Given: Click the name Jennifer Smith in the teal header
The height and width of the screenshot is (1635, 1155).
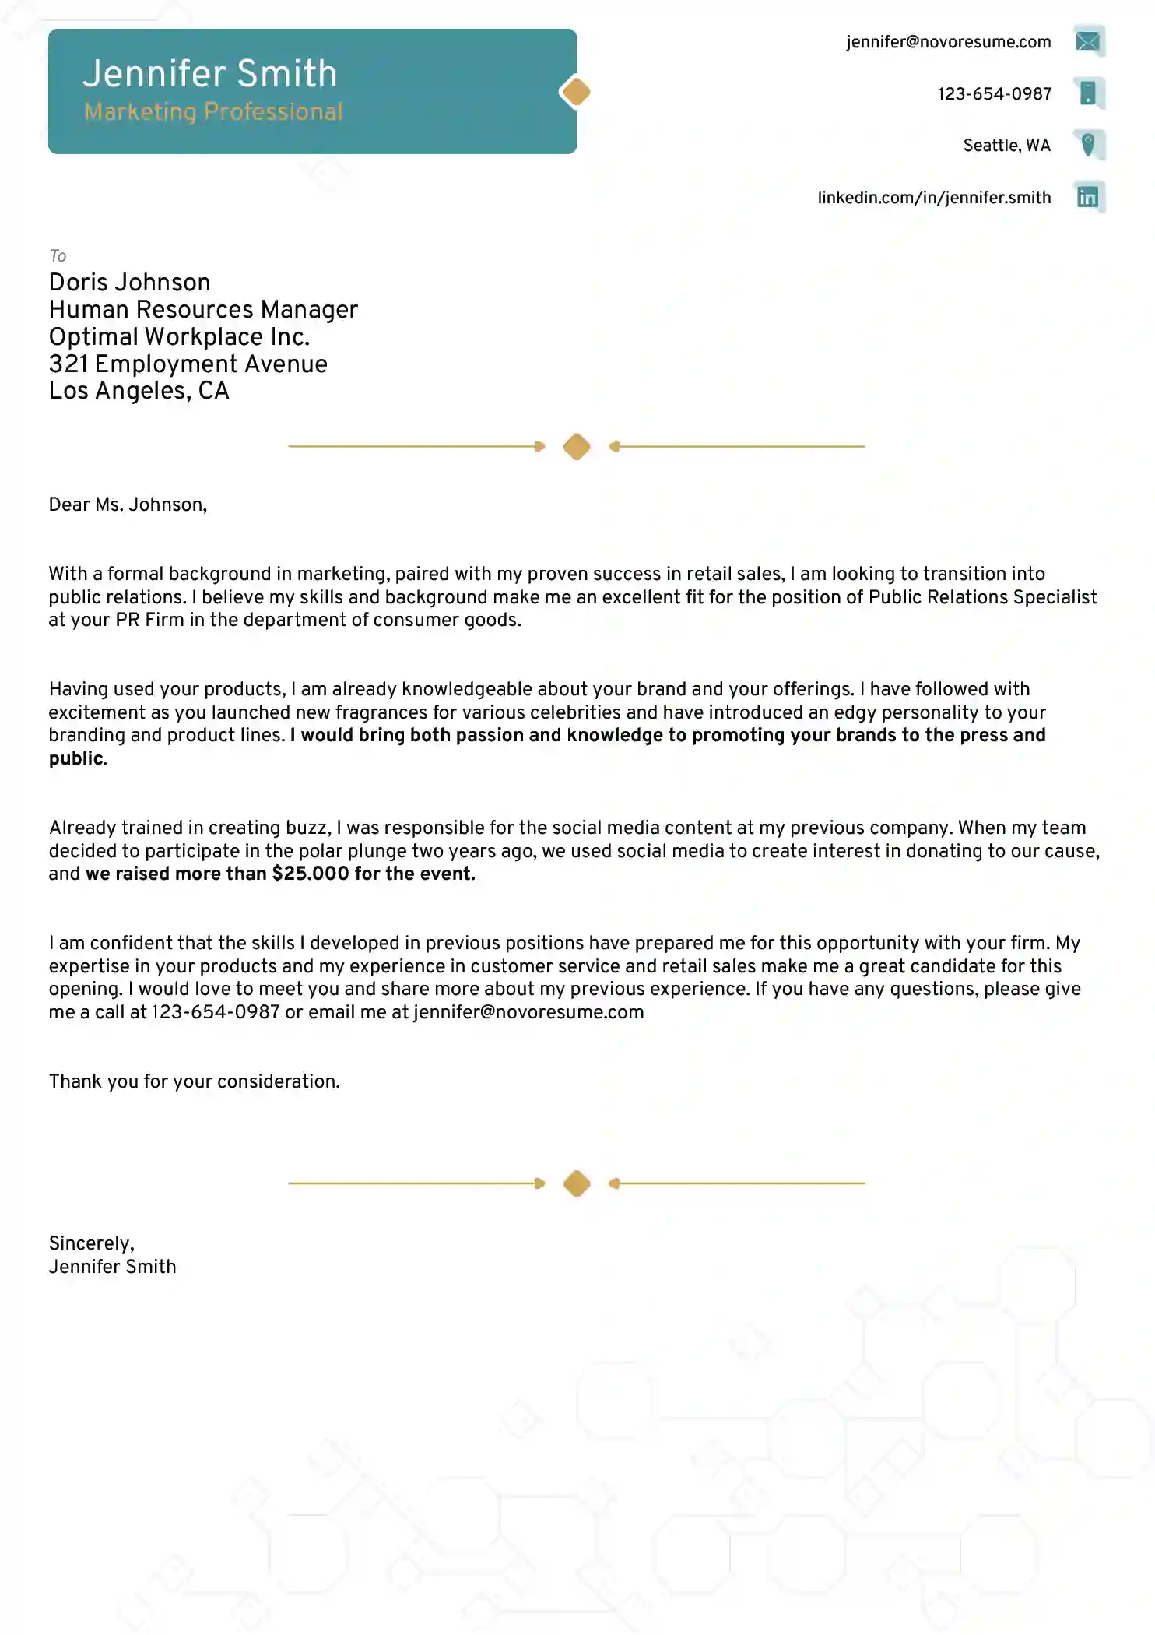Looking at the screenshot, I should click(x=210, y=75).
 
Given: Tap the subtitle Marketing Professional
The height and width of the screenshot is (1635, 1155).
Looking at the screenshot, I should click(x=213, y=112).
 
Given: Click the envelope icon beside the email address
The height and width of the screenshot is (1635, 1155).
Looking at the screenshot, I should click(x=1088, y=41).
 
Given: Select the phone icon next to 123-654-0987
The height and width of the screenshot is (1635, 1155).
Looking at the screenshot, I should click(x=1088, y=93).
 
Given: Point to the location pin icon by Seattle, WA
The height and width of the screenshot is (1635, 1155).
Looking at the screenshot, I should click(x=1088, y=145).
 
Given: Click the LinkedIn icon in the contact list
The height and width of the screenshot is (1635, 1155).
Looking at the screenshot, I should click(x=1088, y=197).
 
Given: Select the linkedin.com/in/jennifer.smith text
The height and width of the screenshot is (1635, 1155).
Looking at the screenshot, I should click(x=933, y=198).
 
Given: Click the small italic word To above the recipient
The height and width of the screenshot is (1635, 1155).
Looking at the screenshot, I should click(x=58, y=256).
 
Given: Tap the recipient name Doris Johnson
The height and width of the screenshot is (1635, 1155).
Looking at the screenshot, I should click(x=129, y=283).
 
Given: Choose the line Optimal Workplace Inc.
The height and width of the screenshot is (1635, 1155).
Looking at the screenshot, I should click(x=179, y=337).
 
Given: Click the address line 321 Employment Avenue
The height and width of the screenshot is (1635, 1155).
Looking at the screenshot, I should click(x=188, y=364).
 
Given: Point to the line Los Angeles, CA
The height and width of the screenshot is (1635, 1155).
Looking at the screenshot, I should click(x=139, y=391).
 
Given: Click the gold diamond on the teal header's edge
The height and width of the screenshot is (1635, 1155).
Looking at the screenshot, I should click(x=576, y=92).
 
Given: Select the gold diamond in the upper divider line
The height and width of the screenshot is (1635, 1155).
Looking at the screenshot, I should click(x=577, y=447).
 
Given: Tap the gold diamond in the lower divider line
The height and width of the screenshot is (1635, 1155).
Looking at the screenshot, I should click(x=577, y=1183).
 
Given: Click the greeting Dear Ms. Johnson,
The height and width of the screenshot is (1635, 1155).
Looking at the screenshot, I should click(x=128, y=505).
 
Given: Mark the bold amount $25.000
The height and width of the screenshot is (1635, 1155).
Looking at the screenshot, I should click(x=310, y=874).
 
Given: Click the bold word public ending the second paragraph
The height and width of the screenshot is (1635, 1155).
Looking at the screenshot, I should click(x=75, y=759).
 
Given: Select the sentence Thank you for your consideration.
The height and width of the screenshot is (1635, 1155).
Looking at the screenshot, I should click(x=194, y=1081).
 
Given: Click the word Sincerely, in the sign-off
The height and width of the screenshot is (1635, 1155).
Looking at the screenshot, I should click(x=91, y=1243).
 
